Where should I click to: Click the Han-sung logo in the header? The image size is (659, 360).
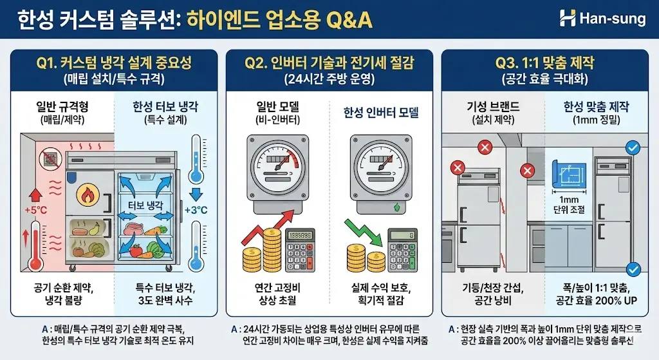[x=602, y=19]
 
